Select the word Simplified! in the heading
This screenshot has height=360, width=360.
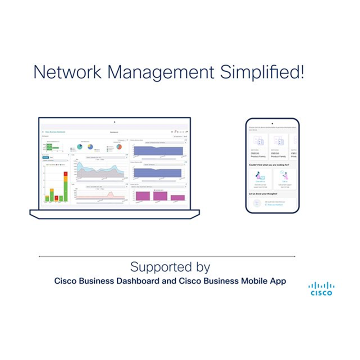pos(262,72)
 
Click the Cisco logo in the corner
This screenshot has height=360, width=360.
pos(321,289)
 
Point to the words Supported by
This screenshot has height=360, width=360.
pos(170,267)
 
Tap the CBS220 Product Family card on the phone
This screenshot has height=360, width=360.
pos(258,147)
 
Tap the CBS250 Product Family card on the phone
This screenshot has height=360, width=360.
pos(278,147)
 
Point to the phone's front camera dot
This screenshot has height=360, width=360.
pos(273,123)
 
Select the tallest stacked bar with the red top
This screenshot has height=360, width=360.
pos(66,186)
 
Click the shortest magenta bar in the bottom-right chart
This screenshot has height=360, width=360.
pos(177,198)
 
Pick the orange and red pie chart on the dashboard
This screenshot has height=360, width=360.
pos(119,147)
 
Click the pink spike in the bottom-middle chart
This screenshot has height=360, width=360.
pos(111,194)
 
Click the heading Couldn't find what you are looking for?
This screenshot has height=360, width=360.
pos(269,165)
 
